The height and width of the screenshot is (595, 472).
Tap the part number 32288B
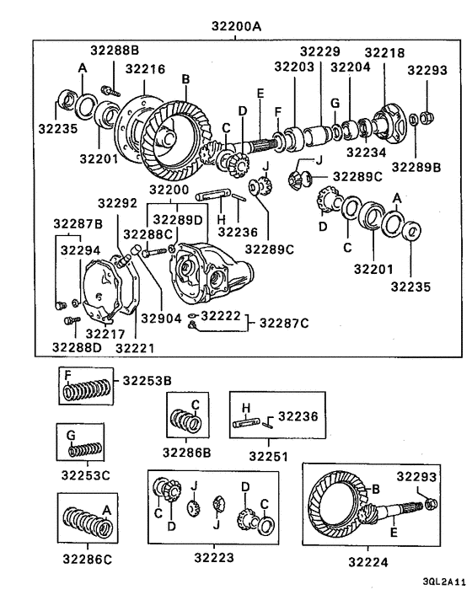point(115,51)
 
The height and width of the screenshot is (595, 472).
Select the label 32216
point(145,68)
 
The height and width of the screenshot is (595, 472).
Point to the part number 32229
point(319,52)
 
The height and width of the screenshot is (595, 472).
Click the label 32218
point(384,52)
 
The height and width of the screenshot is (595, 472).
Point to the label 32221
point(136,346)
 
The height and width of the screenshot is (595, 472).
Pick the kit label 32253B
point(147,380)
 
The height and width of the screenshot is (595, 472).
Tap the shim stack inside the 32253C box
point(84,449)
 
